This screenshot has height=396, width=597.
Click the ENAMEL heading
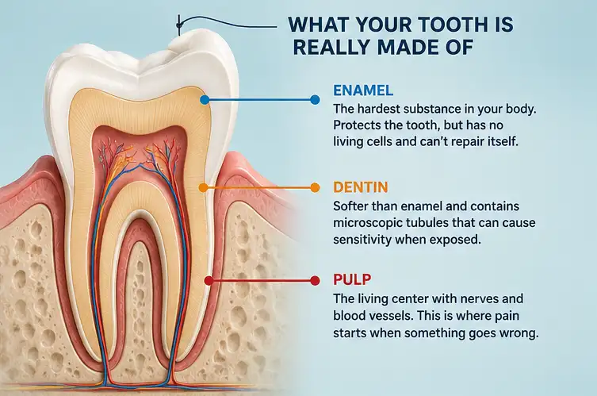(x=363, y=90)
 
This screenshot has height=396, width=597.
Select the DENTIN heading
(x=361, y=187)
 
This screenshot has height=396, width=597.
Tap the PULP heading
(x=352, y=279)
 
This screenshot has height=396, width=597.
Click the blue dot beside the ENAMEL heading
(x=315, y=100)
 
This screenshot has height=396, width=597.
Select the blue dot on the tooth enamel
(x=205, y=100)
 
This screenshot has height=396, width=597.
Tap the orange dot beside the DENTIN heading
(x=315, y=187)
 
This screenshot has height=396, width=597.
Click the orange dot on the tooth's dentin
(x=204, y=187)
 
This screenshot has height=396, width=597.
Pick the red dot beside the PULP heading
(x=315, y=281)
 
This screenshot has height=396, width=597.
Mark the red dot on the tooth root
(x=209, y=281)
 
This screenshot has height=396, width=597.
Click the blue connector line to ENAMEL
(x=260, y=100)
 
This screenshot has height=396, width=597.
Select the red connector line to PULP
(x=262, y=281)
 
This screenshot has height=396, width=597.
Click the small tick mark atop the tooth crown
(x=178, y=25)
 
